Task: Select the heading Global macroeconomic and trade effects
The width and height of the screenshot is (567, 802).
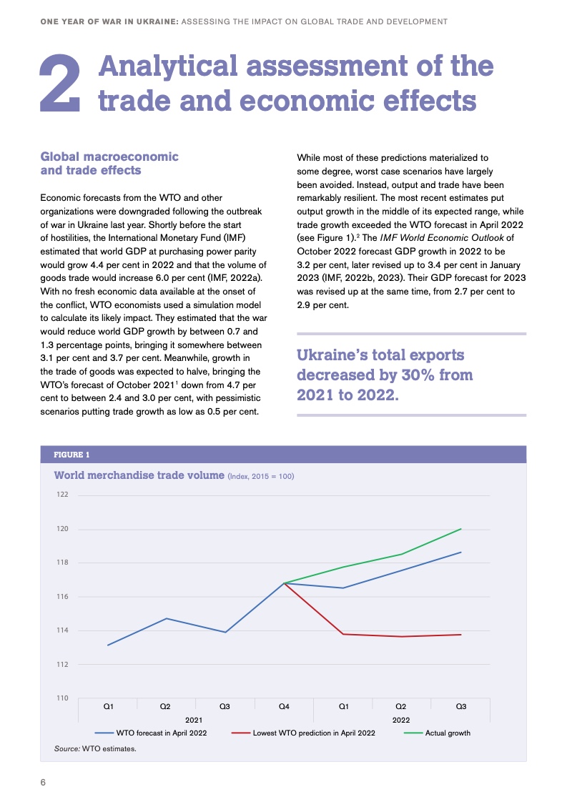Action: click(109, 163)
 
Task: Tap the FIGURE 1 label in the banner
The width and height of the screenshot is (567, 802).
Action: click(72, 455)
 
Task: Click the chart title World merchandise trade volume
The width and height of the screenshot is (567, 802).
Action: click(139, 475)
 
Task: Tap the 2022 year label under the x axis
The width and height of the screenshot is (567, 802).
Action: click(401, 720)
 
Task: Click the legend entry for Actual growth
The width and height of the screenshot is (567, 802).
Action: click(448, 733)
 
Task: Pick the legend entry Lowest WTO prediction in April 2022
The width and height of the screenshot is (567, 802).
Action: click(313, 733)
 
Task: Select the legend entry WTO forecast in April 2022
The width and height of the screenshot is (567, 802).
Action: click(160, 733)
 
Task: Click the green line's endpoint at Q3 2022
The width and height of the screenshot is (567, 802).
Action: click(461, 529)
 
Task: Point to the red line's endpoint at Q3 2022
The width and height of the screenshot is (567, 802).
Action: click(461, 635)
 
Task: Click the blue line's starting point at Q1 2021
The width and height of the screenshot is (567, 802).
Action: click(108, 645)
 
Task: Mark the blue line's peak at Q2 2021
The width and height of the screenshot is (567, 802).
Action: click(167, 618)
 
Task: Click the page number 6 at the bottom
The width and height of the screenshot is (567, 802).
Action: click(43, 782)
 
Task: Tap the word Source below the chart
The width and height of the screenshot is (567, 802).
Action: click(66, 749)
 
